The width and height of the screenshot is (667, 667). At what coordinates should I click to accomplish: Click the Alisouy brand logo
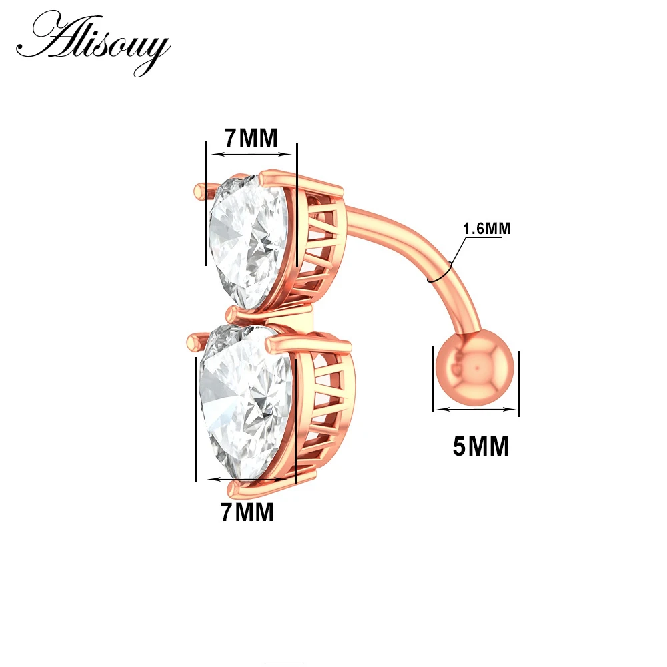tap(93, 42)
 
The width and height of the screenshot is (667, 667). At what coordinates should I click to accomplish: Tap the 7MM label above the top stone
tap(250, 138)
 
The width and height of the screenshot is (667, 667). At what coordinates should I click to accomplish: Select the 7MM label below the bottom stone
tap(247, 512)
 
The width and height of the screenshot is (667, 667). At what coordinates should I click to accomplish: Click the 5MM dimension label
tap(480, 446)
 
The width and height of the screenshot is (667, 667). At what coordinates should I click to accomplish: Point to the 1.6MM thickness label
tap(486, 229)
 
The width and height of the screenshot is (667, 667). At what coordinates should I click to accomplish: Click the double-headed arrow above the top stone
tap(251, 155)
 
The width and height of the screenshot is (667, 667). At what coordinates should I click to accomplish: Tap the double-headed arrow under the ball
tap(476, 410)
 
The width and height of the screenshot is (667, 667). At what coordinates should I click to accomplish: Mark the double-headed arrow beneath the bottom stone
tap(250, 479)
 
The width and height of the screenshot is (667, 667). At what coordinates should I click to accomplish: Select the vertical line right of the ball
tap(518, 384)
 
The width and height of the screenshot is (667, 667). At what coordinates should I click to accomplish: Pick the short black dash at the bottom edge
tap(285, 664)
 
